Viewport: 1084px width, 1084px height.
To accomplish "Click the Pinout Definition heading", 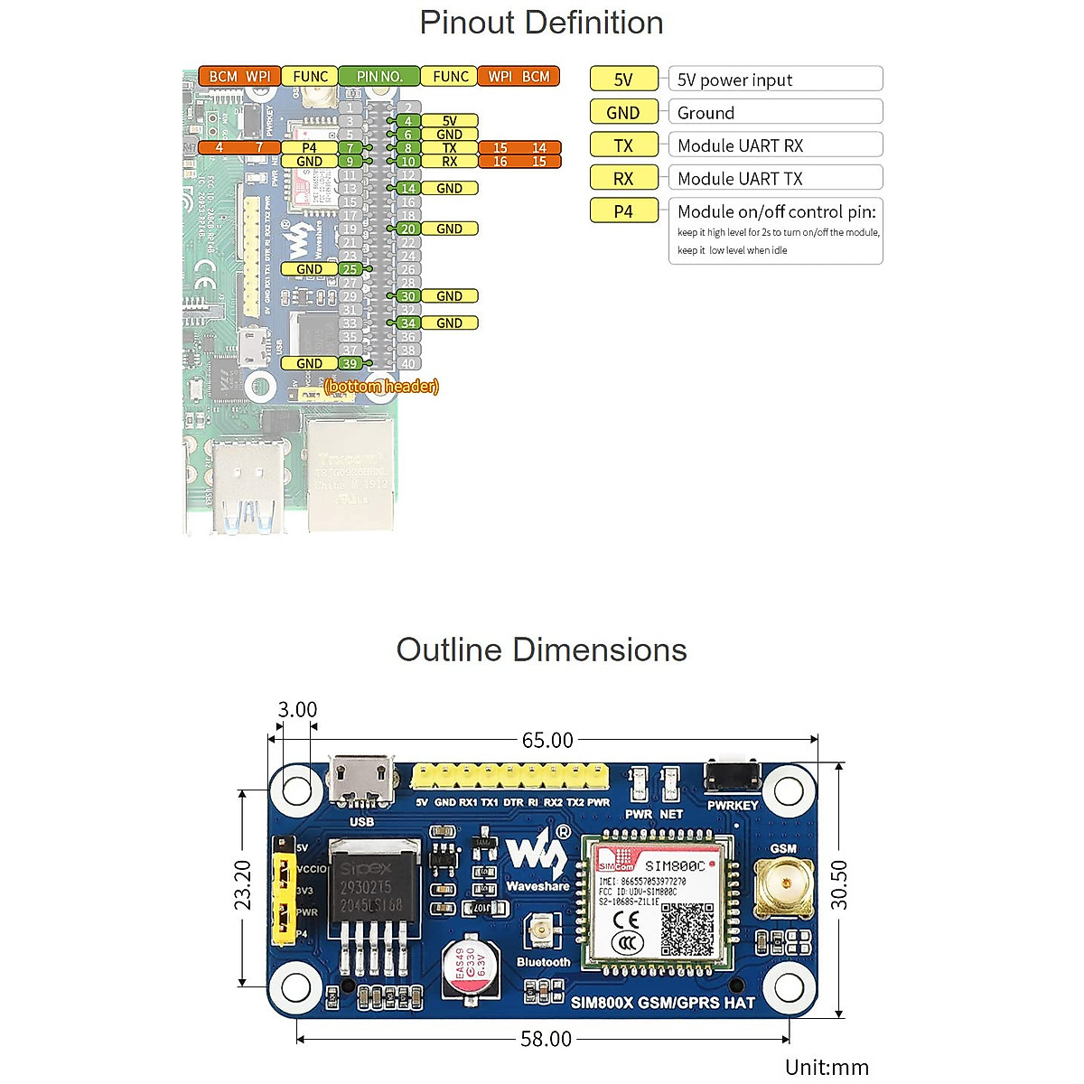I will tap(541, 23).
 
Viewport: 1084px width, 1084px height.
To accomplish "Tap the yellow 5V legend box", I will tap(623, 79).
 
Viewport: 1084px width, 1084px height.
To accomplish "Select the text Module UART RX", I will tap(740, 145).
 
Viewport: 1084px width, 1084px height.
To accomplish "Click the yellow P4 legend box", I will tap(623, 211).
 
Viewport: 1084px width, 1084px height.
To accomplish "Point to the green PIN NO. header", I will tap(378, 77).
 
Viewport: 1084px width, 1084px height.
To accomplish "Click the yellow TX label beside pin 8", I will tap(449, 148).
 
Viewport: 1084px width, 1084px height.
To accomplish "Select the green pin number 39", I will tap(350, 363).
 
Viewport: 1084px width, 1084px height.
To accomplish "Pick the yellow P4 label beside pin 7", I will tap(309, 148).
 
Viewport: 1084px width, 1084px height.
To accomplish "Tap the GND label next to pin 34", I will tap(449, 322).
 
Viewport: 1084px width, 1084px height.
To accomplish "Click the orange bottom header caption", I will tap(381, 387).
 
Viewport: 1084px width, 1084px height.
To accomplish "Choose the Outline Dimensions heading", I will tap(541, 650).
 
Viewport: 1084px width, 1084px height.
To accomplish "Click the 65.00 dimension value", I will tap(547, 741).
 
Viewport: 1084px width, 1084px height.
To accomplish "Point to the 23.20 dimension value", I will tap(243, 885).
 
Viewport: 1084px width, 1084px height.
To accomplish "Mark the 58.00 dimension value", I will tap(546, 1039).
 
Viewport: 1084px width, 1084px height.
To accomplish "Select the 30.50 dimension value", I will tap(840, 884).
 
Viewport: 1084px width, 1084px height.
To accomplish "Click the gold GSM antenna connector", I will tap(783, 885).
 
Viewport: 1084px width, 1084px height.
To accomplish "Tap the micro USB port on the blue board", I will tap(362, 780).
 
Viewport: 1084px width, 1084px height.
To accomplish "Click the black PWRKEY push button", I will tap(732, 775).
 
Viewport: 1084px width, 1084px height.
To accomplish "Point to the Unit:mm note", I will tap(827, 1067).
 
